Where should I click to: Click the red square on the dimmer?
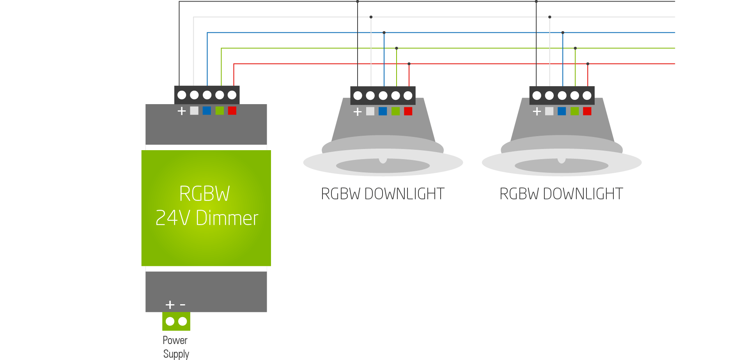232,111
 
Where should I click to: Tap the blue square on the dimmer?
207,111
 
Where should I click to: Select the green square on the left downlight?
395,112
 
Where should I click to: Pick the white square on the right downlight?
549,112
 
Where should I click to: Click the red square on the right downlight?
587,112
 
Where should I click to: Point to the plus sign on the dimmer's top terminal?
182,111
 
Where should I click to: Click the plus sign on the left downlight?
358,112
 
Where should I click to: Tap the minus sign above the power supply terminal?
182,305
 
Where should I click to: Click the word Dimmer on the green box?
227,218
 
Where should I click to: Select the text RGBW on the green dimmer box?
204,194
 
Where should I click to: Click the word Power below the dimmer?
175,340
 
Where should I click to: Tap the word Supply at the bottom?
176,354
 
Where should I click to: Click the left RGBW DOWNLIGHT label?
383,194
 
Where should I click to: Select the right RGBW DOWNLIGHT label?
561,194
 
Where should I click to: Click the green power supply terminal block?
176,321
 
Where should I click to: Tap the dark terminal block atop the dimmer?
207,95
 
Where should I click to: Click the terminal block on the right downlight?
562,96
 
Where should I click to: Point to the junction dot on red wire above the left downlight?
409,64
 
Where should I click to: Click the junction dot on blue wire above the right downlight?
563,32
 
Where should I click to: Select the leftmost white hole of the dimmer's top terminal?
182,95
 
